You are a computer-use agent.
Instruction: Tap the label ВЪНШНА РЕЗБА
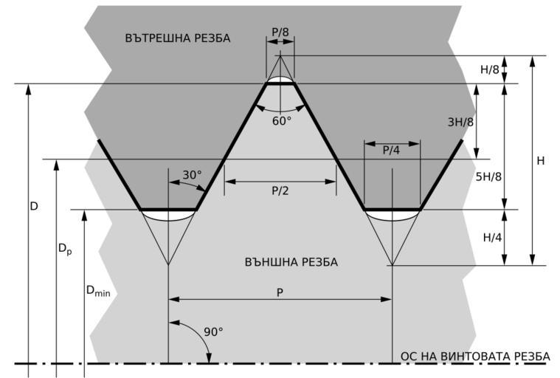[291, 262]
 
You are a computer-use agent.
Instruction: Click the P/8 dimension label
[280, 32]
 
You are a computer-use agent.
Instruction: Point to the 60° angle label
[282, 119]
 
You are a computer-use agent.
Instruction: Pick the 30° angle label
[192, 175]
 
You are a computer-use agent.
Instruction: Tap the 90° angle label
[213, 331]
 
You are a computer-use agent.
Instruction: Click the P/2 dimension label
[280, 190]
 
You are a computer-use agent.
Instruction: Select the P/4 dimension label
[391, 150]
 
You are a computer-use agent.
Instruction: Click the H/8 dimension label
[489, 69]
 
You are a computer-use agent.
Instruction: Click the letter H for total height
[541, 160]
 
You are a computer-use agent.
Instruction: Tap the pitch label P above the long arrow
[280, 292]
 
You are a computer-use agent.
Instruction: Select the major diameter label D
[34, 207]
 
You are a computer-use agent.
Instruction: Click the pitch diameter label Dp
[66, 250]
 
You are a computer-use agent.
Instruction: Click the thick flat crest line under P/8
[280, 84]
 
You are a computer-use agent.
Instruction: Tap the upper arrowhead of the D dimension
[28, 89]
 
